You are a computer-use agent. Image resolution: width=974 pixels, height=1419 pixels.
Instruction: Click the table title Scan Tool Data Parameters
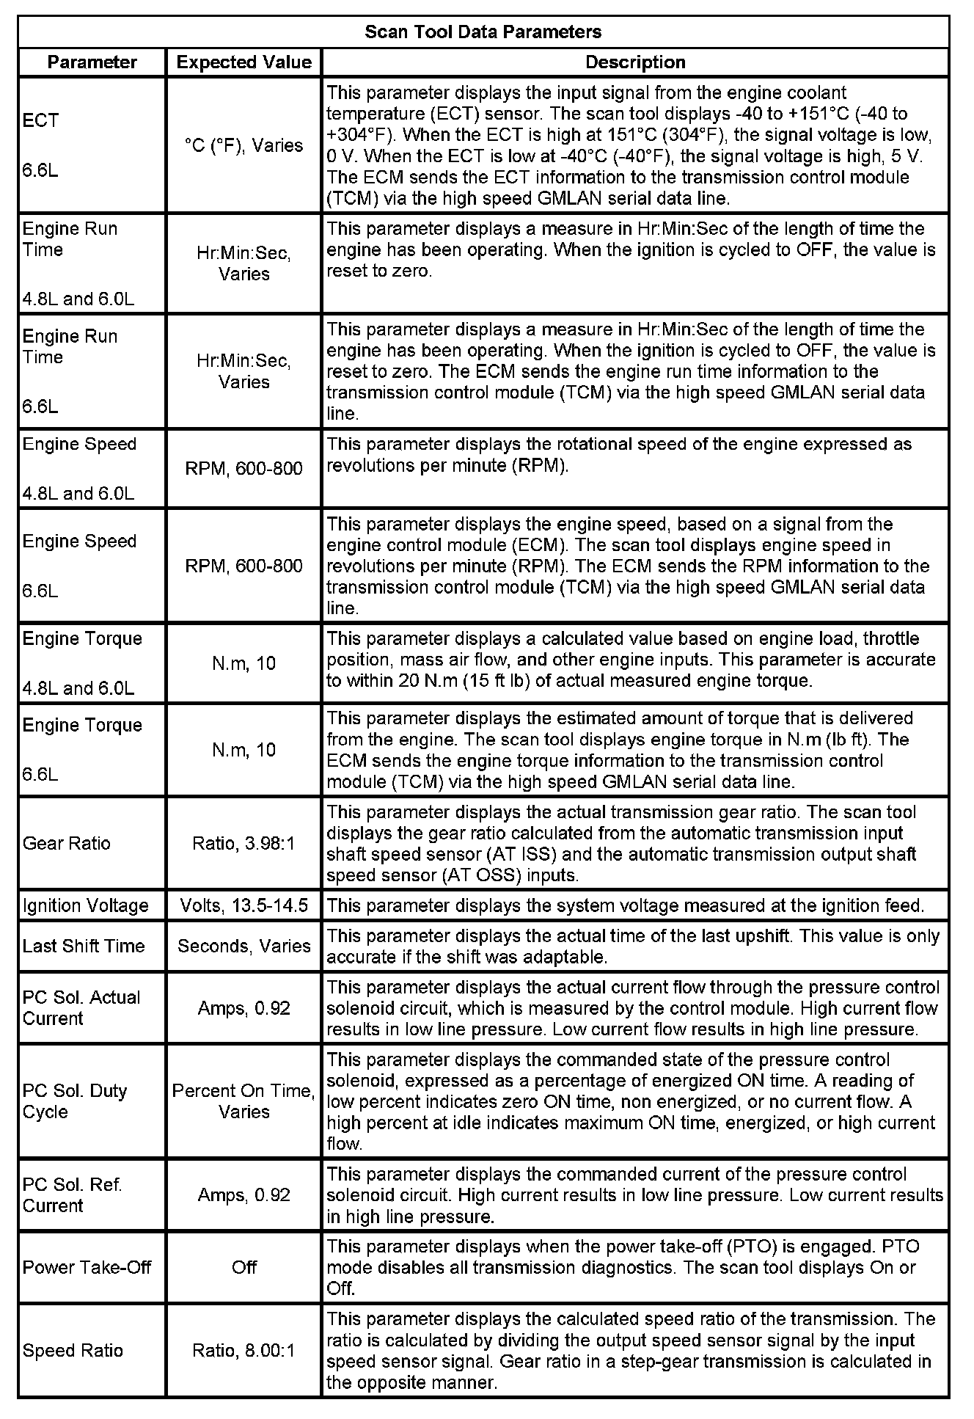(x=483, y=32)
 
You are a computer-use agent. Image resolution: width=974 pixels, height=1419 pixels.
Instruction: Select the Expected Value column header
(x=243, y=62)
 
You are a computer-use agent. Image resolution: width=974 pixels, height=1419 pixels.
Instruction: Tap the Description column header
(x=635, y=62)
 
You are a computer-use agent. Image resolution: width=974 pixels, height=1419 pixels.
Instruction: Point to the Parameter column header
(x=92, y=62)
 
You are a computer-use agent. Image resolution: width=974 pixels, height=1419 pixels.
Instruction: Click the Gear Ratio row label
(x=67, y=843)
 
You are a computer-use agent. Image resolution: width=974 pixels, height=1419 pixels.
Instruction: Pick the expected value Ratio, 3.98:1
(x=243, y=844)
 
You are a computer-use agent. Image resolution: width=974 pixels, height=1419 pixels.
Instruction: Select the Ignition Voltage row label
(x=86, y=905)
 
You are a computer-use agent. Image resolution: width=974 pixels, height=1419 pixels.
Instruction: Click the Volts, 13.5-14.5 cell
(x=243, y=905)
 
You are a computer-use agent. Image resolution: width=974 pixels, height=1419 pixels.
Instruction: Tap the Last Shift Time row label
(x=84, y=946)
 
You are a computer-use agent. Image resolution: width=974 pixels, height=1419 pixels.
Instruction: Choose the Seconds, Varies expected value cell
(x=243, y=946)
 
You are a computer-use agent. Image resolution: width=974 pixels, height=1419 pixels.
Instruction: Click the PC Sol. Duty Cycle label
(x=75, y=1101)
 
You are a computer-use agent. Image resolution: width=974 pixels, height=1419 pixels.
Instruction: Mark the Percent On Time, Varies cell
(x=243, y=1101)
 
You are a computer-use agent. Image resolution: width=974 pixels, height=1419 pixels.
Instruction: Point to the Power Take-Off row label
(x=87, y=1267)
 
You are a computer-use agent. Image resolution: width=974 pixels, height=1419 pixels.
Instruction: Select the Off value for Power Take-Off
(x=243, y=1267)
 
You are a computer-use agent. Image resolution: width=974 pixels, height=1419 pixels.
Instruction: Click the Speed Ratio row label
(x=73, y=1351)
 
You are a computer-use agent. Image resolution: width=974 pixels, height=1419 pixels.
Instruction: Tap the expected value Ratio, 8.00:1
(x=243, y=1351)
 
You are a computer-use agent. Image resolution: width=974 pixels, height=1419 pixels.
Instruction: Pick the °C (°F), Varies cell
(x=243, y=145)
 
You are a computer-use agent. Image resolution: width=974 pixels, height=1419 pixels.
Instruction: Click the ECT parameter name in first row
(x=41, y=120)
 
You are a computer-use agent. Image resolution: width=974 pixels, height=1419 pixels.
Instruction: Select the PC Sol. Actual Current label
(x=81, y=1007)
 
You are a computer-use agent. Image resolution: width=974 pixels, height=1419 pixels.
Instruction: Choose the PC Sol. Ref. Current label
(x=73, y=1195)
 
